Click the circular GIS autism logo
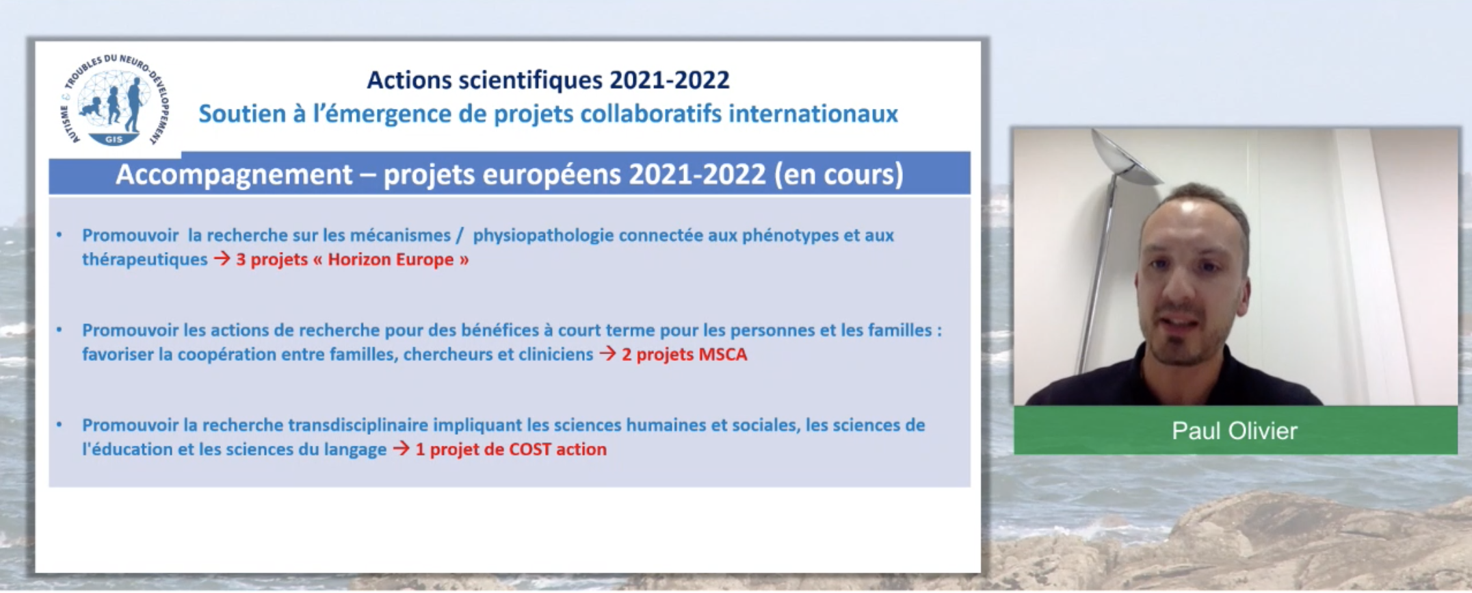(115, 100)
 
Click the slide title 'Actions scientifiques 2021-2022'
(548, 80)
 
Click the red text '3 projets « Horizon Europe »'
(352, 260)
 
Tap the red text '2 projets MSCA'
(684, 355)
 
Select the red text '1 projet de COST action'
(511, 449)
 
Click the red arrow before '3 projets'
(222, 259)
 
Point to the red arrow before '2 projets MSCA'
(607, 354)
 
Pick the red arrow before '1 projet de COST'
(402, 449)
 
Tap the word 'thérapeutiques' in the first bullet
(144, 260)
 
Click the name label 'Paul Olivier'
(1235, 431)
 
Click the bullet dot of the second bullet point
(60, 330)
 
